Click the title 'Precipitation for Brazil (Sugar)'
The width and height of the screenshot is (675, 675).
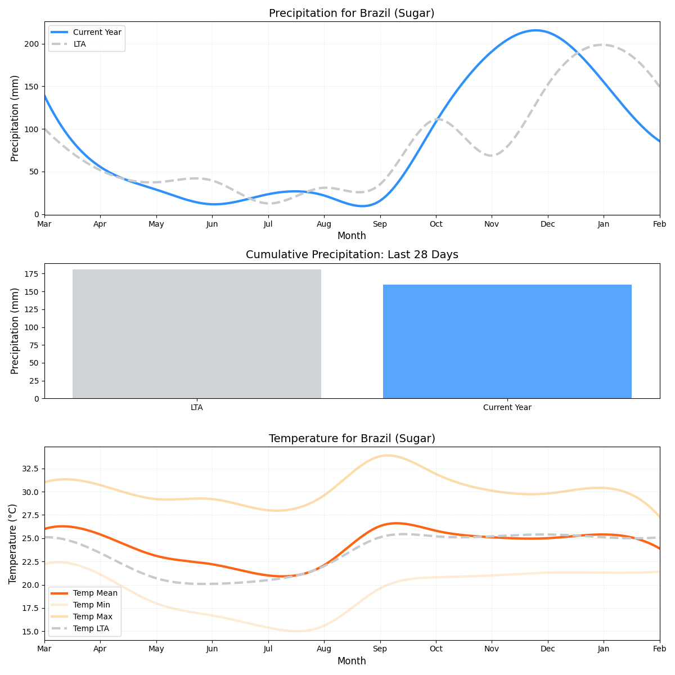(352, 13)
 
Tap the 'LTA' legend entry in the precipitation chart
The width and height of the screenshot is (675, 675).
(79, 44)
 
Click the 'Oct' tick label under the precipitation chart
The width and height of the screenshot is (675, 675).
(436, 224)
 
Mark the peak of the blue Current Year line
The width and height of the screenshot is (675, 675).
(535, 30)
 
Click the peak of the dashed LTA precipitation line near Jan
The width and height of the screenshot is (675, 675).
(602, 44)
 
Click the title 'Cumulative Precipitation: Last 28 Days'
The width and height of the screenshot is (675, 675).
(352, 255)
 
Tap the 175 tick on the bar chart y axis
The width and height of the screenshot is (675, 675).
(31, 274)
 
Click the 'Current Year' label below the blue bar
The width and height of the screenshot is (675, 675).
(507, 408)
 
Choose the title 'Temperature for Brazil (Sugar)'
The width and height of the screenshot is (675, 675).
(352, 439)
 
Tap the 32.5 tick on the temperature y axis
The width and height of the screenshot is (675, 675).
(29, 469)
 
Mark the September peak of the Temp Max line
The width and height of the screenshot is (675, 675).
(387, 455)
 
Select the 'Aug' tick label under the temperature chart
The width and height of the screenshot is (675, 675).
(324, 649)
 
